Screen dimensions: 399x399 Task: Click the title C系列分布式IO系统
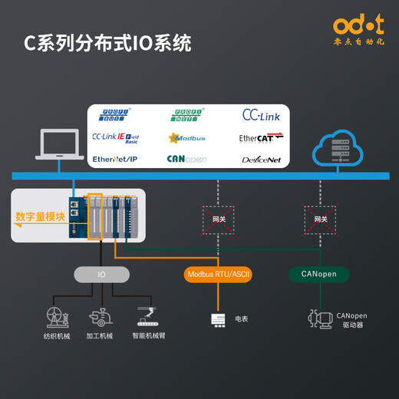(x=107, y=44)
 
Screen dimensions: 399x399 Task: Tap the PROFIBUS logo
(x=117, y=116)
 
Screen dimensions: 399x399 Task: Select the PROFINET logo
(x=188, y=116)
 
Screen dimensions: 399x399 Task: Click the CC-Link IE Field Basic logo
(x=117, y=137)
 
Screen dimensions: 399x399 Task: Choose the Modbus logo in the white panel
(x=188, y=138)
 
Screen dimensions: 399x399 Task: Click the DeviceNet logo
(x=261, y=160)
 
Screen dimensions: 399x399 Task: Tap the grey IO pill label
(x=101, y=274)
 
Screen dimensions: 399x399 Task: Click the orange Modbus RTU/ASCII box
(x=219, y=274)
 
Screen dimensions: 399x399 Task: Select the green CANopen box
(x=318, y=274)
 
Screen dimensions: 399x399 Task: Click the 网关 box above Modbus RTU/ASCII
(x=219, y=219)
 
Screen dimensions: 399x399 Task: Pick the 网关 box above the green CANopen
(x=320, y=219)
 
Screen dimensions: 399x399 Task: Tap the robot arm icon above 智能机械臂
(x=145, y=315)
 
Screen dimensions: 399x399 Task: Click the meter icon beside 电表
(x=219, y=318)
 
